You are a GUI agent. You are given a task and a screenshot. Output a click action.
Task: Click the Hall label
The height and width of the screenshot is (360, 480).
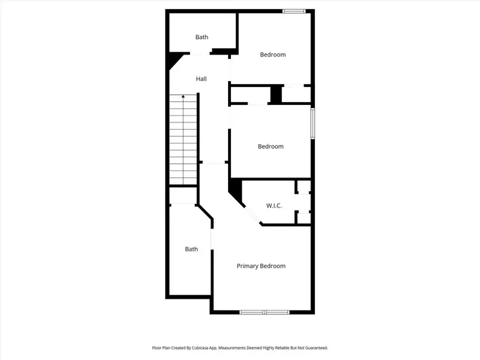201,79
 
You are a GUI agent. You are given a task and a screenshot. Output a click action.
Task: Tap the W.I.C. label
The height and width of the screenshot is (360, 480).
274,206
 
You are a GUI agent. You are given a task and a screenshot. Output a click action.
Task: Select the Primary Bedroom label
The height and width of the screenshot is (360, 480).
260,266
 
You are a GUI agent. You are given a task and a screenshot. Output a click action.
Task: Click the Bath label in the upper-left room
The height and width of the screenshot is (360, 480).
202,37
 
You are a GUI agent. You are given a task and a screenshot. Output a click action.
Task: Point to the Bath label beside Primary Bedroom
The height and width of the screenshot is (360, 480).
191,249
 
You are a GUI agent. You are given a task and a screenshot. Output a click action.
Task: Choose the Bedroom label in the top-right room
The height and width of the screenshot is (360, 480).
272,55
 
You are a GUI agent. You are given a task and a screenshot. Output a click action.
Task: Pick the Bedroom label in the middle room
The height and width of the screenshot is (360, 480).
271,146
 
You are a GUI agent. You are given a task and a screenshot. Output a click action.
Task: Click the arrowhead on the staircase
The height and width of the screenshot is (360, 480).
184,96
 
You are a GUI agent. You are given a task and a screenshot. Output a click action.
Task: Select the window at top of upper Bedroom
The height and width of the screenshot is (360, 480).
293,11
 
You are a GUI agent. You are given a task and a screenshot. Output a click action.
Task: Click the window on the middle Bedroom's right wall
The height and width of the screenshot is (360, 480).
312,124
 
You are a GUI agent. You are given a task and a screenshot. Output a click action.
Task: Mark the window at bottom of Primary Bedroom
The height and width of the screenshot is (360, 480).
264,312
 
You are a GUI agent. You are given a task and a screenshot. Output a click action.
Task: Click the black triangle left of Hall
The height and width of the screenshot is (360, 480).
175,60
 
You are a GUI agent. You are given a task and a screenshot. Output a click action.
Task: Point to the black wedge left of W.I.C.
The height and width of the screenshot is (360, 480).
236,190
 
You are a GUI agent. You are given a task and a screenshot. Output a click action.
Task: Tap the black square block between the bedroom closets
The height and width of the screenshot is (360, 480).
276,95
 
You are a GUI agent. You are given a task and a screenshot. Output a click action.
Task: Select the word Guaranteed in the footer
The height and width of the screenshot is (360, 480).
314,347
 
